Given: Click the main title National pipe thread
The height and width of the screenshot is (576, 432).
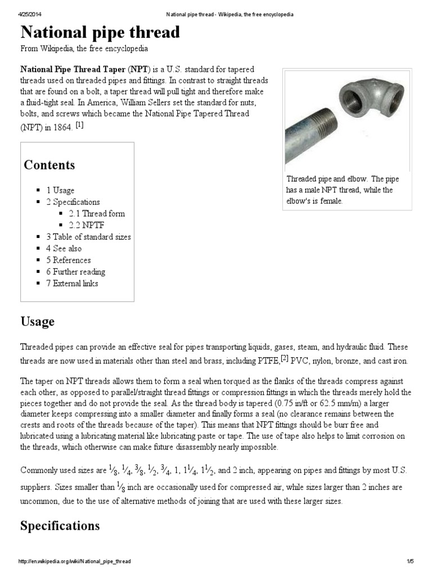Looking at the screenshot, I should point(100,32).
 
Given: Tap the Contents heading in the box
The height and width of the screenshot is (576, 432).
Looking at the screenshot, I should point(49,165).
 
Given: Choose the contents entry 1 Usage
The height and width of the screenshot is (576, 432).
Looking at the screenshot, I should point(60,190).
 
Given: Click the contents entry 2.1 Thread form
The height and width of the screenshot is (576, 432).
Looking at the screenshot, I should point(97,214).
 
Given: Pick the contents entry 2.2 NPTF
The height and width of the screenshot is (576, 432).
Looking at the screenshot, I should point(87,225).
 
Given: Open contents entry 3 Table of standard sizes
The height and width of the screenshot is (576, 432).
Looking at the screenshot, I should point(88,237).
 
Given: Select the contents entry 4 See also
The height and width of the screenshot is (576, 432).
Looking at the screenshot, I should point(64,249).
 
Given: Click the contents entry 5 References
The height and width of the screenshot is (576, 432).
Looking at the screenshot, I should point(68,260).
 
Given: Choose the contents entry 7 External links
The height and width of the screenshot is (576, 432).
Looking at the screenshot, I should point(72,283).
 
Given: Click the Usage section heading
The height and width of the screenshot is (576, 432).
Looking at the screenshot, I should point(38,322).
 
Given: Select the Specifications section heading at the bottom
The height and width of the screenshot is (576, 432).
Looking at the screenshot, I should point(60,526).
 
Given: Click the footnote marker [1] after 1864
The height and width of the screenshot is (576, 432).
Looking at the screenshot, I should point(79,125).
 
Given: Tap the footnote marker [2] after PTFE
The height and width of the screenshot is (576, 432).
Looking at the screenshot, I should point(285,358).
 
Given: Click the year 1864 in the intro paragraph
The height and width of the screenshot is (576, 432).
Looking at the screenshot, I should point(62,127).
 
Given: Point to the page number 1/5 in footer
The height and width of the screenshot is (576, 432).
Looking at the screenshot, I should point(409,561).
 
